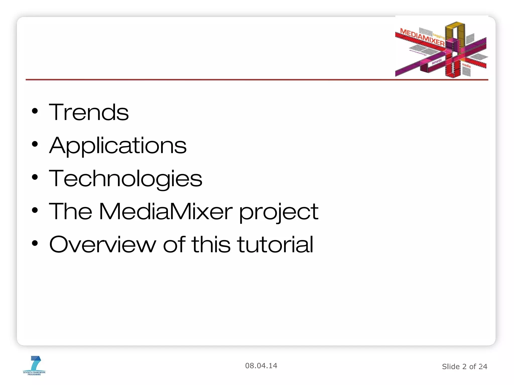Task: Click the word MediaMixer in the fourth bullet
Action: (166, 212)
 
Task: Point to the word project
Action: (279, 213)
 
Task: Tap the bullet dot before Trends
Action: (35, 111)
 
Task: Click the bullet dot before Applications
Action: (35, 144)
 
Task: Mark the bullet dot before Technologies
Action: (35, 177)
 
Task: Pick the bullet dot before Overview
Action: (35, 243)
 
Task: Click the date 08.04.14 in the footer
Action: (261, 366)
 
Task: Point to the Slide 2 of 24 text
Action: (464, 366)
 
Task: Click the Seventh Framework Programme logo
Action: (35, 365)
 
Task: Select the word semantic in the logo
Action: (437, 61)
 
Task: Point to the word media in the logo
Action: (466, 66)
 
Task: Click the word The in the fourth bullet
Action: (71, 212)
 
